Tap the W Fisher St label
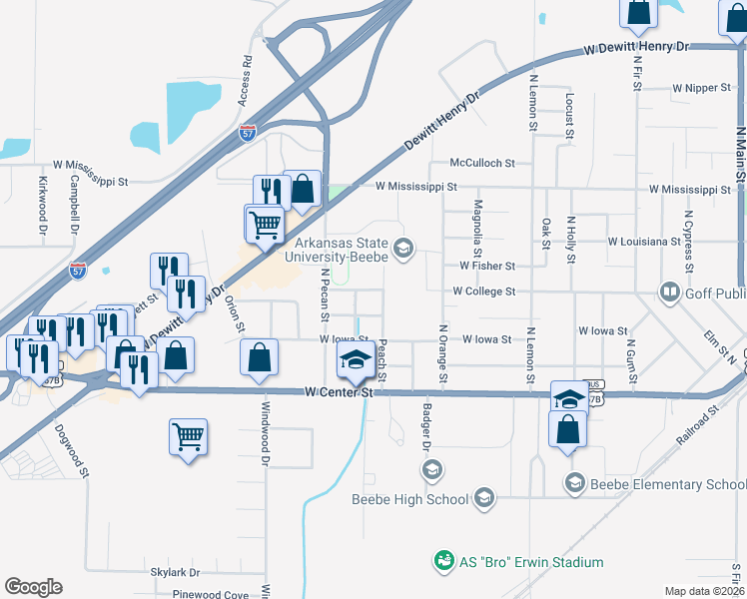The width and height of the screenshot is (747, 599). point(486,267)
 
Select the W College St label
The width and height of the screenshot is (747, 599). point(483,292)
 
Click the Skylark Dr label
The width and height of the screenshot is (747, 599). point(175,573)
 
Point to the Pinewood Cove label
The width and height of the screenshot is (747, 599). point(210,595)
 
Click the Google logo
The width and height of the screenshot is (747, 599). point(33,587)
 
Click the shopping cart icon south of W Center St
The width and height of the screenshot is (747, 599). point(189,436)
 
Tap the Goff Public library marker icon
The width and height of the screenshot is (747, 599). point(669,293)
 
